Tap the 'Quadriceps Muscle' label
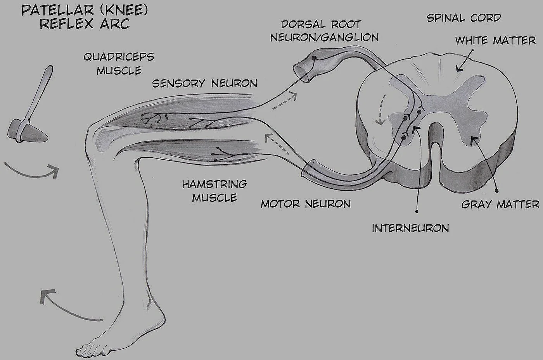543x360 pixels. (119, 64)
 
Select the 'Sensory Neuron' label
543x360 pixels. (204, 83)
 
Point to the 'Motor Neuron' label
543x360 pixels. (306, 203)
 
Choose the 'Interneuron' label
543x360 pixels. (410, 228)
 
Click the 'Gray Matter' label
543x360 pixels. (500, 204)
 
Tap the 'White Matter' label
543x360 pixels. (495, 40)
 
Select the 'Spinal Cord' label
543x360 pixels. (463, 18)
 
